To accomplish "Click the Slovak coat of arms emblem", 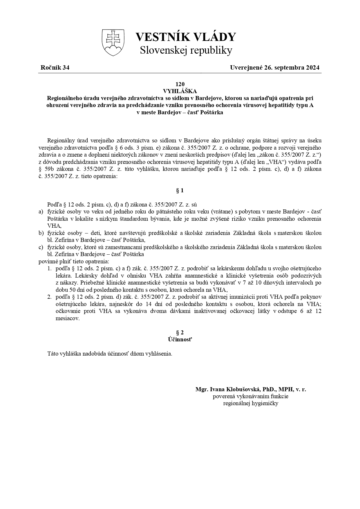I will tap(113, 42).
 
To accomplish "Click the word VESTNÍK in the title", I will tap(159, 37).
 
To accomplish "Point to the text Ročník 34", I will tap(55, 68).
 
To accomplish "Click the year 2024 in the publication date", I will tap(312, 68).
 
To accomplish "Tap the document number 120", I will tap(180, 84).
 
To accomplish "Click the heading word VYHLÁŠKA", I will tap(180, 91).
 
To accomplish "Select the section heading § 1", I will tap(180, 191).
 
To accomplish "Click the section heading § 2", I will tap(180, 332).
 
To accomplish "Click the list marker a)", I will tap(41, 211).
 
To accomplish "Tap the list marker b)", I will tap(41, 233).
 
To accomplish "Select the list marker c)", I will tap(41, 247).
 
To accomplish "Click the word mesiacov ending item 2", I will tap(67, 318).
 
